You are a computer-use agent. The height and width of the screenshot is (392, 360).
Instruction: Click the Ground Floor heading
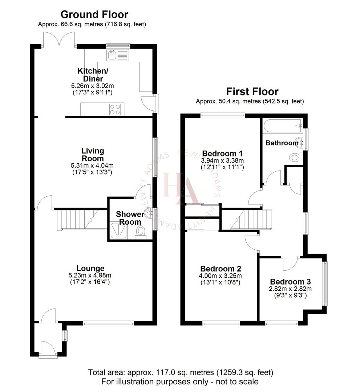click(94, 15)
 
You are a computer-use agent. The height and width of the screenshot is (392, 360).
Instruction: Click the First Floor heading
click(252, 91)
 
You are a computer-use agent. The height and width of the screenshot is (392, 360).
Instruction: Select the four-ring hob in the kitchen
click(115, 109)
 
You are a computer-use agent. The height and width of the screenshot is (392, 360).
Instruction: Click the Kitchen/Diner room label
click(90, 74)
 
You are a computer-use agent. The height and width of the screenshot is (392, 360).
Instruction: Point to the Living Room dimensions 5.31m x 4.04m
click(92, 166)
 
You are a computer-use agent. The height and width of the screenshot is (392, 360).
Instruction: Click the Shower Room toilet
click(141, 231)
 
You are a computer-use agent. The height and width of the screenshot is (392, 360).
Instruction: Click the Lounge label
click(92, 268)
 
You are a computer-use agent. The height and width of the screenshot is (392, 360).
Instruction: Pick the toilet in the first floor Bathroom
click(295, 157)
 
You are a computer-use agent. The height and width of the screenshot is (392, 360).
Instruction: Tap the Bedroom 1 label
click(222, 153)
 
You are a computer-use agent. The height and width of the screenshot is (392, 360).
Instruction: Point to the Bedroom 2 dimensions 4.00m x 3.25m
click(221, 276)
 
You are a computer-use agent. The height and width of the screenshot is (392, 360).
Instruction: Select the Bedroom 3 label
click(290, 282)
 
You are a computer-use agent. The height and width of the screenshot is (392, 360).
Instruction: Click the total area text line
click(181, 372)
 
